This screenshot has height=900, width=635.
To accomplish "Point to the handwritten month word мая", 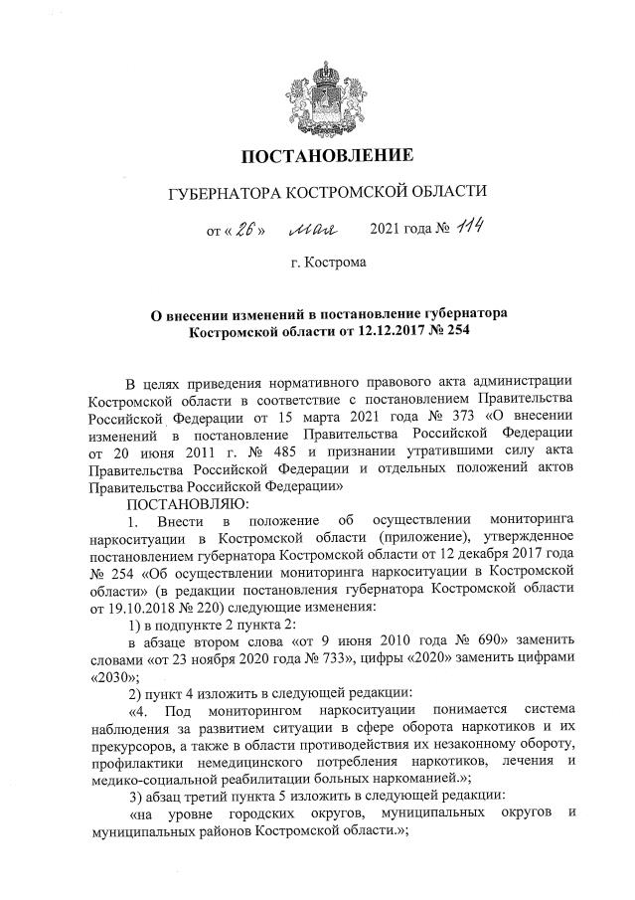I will [x=314, y=230].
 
